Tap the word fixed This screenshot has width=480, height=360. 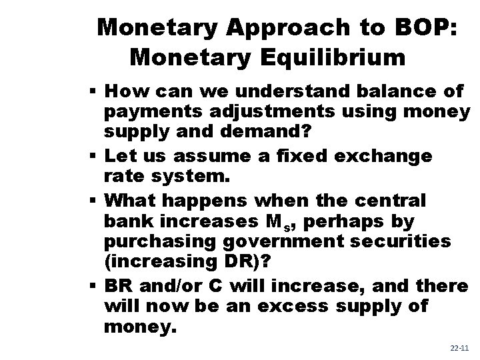pos(295,156)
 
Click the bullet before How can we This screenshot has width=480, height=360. pos(95,91)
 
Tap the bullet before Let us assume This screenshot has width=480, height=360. pos(95,157)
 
